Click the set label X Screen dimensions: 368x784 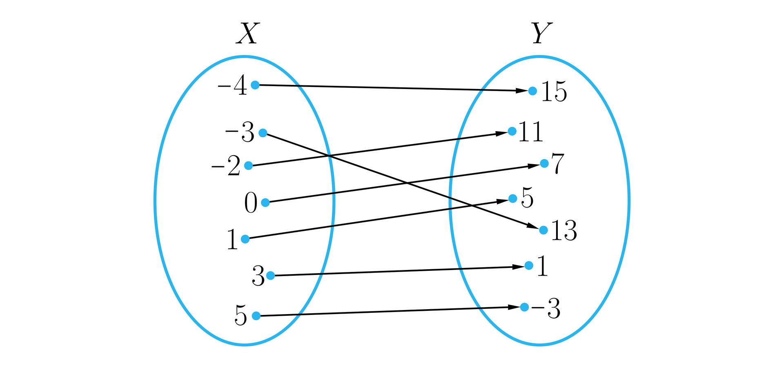pos(247,33)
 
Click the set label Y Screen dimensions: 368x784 pos(541,33)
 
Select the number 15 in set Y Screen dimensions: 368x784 pos(554,92)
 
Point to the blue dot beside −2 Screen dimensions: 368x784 pos(248,166)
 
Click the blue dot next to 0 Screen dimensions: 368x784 pos(265,202)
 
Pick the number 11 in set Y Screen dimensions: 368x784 pos(531,132)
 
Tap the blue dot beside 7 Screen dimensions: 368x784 pos(544,163)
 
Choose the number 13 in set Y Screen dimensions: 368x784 pos(564,231)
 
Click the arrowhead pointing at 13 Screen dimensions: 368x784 pos(533,226)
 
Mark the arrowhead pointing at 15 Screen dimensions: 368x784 pos(522,90)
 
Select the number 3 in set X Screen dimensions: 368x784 pos(258,277)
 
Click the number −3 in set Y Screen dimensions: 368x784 pos(546,309)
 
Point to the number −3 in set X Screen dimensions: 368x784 pos(240,133)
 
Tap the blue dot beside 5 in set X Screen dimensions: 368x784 pos(256,316)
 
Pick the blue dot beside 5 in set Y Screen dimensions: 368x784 pos(513,198)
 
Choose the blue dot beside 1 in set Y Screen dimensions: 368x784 pos(529,265)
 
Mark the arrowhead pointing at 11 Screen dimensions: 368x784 pos(502,133)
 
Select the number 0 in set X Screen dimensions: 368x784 pos(251,203)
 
